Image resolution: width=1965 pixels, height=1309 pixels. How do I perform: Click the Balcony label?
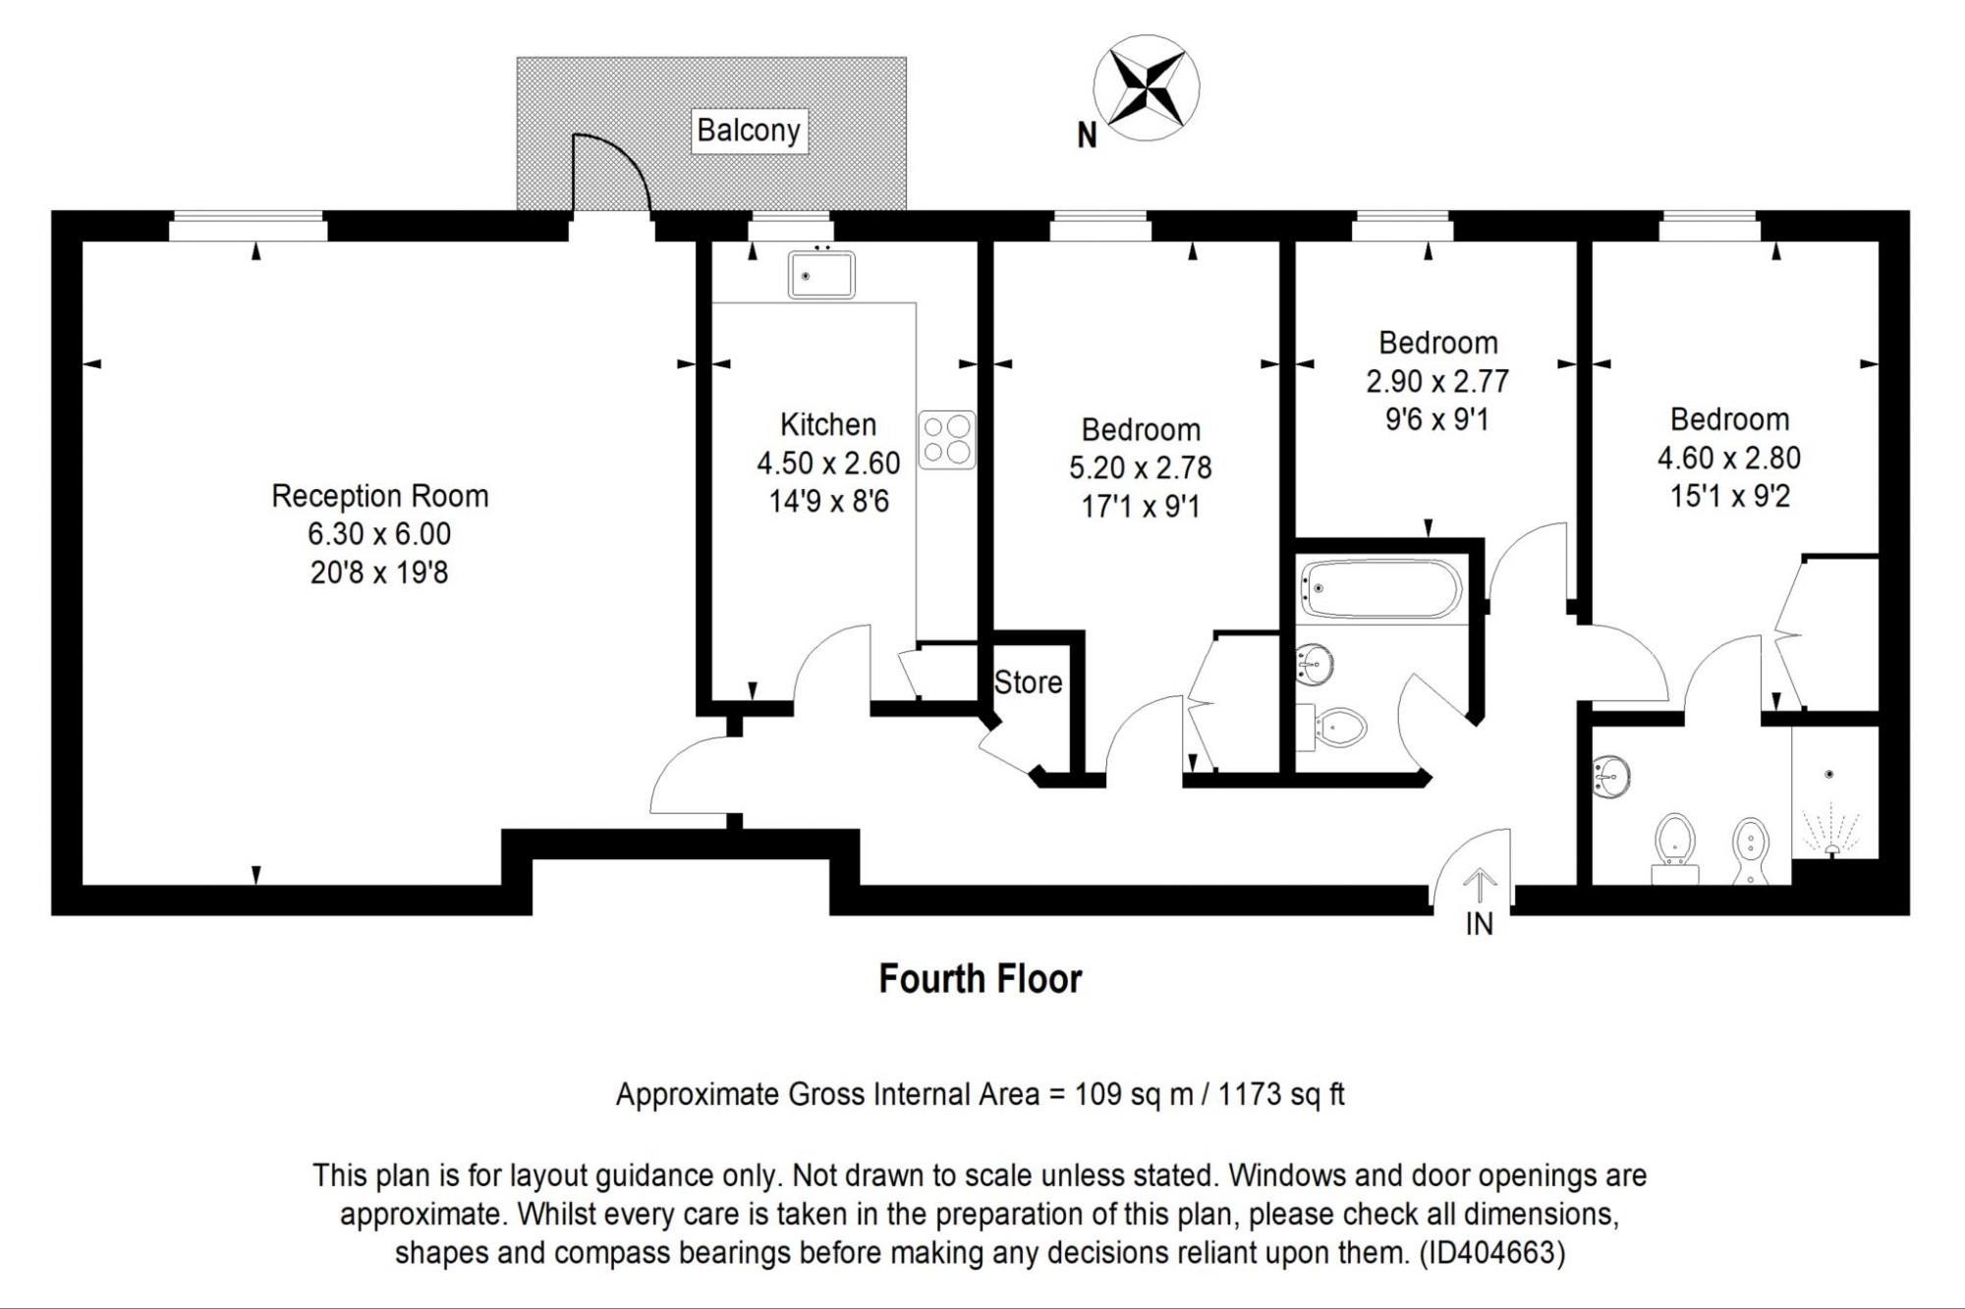[749, 131]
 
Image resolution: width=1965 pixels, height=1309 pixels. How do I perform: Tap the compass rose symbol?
[1147, 87]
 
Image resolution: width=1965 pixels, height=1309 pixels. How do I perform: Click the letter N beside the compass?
[1087, 136]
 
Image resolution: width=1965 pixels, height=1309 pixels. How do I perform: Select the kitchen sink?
[821, 274]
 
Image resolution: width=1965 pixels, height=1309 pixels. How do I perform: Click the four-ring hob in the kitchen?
[947, 439]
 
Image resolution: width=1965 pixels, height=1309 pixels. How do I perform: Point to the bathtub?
[1381, 588]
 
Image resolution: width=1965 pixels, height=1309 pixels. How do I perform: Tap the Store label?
[1028, 682]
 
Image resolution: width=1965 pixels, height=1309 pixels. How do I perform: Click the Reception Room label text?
[380, 496]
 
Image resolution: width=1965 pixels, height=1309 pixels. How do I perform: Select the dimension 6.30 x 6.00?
[379, 534]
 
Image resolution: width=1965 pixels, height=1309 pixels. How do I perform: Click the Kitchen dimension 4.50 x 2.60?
[828, 463]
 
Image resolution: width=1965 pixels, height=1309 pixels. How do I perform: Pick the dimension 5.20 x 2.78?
[1141, 467]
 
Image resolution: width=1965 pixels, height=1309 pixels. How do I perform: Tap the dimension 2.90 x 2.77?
[1437, 381]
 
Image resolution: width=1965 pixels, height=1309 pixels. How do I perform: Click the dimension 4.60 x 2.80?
[1729, 458]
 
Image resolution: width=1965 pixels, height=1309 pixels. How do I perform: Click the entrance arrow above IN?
[1479, 887]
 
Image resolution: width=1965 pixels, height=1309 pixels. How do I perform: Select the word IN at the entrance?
[1479, 924]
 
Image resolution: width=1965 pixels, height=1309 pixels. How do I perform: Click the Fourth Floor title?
[981, 979]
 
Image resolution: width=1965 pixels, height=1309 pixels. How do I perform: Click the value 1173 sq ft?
[1281, 1094]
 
